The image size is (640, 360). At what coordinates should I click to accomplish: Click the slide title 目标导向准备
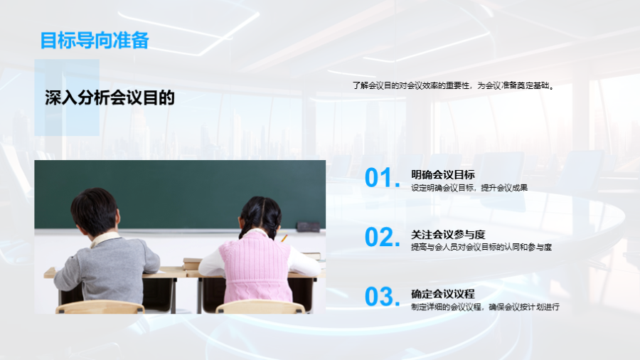pos(95,41)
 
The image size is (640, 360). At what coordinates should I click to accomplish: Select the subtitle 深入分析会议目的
pos(110,98)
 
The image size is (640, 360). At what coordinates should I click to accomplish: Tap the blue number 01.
pos(383,178)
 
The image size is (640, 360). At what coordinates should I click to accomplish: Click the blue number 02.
pos(383,237)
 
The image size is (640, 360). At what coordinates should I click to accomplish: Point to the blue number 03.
pos(383,297)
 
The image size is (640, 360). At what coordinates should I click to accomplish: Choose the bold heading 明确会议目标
pos(443,175)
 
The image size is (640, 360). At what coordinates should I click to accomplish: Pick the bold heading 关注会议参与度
pos(448,234)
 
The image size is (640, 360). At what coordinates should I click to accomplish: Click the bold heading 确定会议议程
pos(443,294)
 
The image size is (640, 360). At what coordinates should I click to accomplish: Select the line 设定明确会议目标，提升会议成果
pos(469,188)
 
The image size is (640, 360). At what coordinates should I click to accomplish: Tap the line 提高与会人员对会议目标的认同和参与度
pos(481,247)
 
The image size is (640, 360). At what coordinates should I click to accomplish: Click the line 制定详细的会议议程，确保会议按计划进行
pos(485,307)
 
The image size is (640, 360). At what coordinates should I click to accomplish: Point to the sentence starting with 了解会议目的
pos(454,85)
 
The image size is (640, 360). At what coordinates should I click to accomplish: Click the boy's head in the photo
pos(95,211)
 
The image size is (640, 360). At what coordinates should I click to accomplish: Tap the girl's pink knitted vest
pos(256,268)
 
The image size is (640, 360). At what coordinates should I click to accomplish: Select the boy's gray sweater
pos(107,265)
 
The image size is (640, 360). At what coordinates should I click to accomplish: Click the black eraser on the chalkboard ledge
pos(308,226)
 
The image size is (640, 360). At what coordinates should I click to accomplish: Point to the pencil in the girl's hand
pos(284,238)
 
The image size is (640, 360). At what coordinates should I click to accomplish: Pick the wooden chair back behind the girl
pos(261,307)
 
